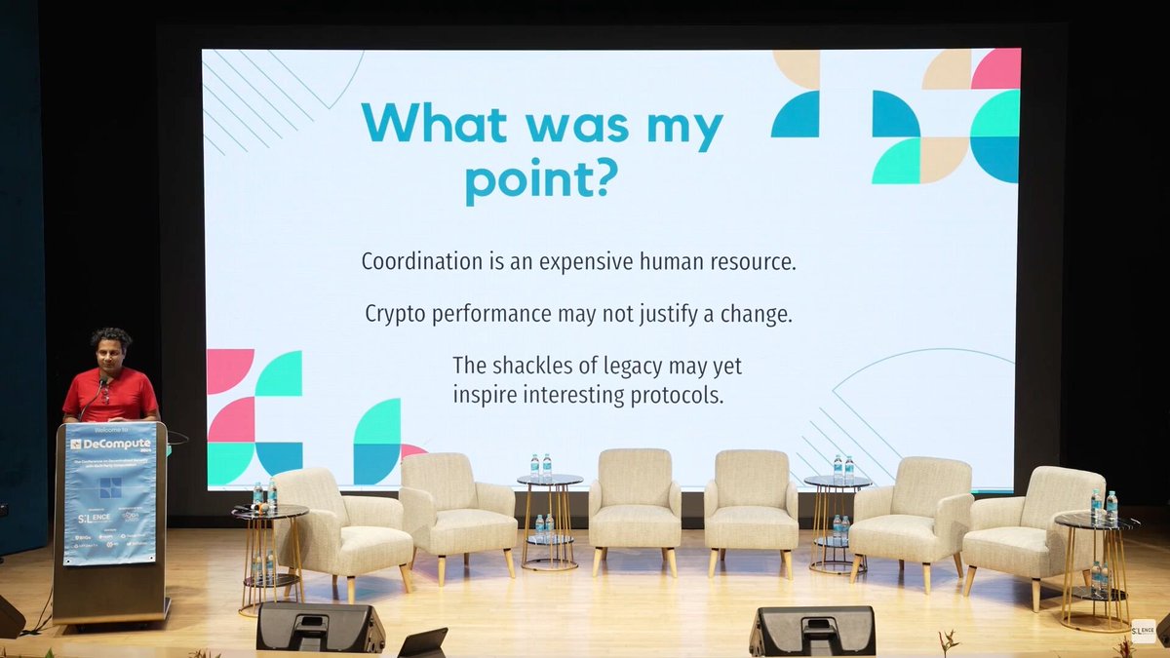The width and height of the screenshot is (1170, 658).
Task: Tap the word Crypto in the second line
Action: [x=395, y=314]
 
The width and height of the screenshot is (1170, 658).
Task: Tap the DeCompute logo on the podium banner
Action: [x=110, y=444]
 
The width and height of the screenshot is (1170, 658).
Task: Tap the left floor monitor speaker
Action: [x=320, y=627]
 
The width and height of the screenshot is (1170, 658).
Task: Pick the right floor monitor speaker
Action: [x=811, y=630]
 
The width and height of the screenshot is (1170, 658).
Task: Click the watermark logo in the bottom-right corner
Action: [x=1143, y=631]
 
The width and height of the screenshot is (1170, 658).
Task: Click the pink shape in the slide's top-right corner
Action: [x=995, y=68]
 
